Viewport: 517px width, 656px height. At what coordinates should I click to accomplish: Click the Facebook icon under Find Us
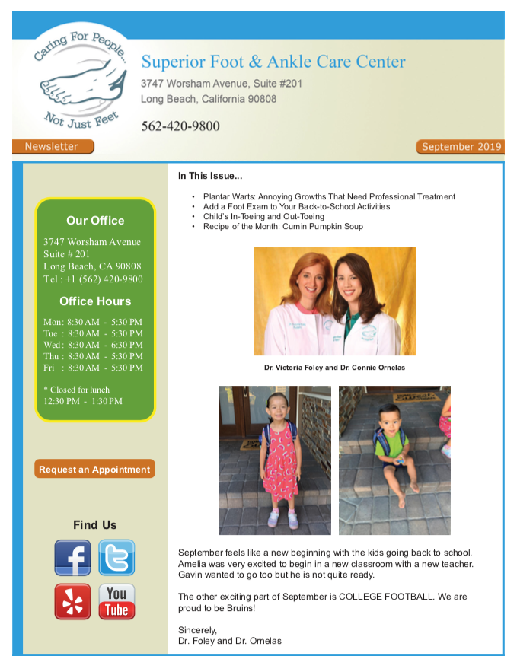72,558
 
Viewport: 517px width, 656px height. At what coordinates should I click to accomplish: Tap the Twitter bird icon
116,558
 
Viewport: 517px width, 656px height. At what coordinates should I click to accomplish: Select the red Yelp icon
72,601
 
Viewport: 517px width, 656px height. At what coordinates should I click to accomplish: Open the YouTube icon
116,601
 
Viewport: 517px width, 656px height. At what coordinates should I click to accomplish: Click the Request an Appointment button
94,470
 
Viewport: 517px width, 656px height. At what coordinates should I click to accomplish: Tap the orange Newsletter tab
53,146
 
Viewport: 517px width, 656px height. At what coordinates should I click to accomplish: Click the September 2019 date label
460,147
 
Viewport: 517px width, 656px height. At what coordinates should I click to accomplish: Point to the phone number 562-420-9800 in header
180,126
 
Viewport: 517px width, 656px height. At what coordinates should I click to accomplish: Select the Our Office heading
95,221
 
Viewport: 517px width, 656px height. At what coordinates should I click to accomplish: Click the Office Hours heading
95,301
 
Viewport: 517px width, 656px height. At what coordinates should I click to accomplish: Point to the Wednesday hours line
93,345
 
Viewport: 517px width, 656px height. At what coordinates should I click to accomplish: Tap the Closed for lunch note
78,390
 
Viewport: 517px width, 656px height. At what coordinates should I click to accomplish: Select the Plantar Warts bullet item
329,196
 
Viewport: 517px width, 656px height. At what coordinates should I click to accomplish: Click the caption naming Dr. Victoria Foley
334,368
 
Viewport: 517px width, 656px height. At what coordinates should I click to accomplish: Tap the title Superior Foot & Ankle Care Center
273,62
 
